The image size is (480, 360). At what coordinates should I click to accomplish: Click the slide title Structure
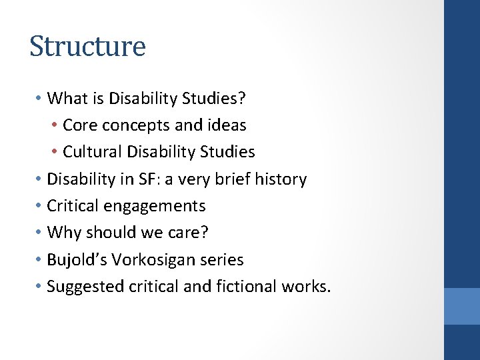tap(87, 47)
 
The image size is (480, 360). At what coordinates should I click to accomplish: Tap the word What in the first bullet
tap(64, 99)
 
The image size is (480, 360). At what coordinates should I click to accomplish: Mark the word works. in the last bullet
tap(309, 287)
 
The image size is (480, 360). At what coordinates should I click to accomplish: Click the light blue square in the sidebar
tap(462, 306)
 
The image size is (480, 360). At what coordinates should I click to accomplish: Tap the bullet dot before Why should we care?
tap(39, 233)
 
